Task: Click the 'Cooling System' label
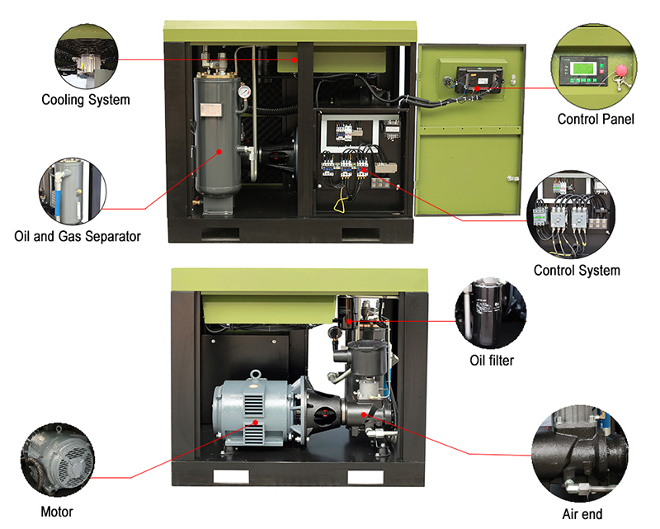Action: [x=86, y=100]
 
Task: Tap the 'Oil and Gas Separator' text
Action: [x=78, y=236]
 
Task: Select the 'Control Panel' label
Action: [x=596, y=119]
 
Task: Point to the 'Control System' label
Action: [x=577, y=271]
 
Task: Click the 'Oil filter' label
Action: [x=492, y=361]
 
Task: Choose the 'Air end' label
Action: [x=582, y=514]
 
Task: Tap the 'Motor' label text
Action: [x=57, y=512]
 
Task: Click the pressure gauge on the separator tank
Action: [x=243, y=92]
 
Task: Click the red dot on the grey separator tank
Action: [x=219, y=152]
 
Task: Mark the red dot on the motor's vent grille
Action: [x=256, y=423]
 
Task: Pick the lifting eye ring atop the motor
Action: [x=256, y=375]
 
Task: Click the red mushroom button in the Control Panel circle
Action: [x=621, y=70]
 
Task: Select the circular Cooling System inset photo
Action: [x=87, y=57]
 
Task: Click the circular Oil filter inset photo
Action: [x=490, y=313]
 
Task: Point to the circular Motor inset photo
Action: [x=58, y=460]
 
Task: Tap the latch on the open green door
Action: [x=512, y=178]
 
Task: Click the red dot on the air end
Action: [x=364, y=415]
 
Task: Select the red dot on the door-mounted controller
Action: [x=477, y=88]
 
